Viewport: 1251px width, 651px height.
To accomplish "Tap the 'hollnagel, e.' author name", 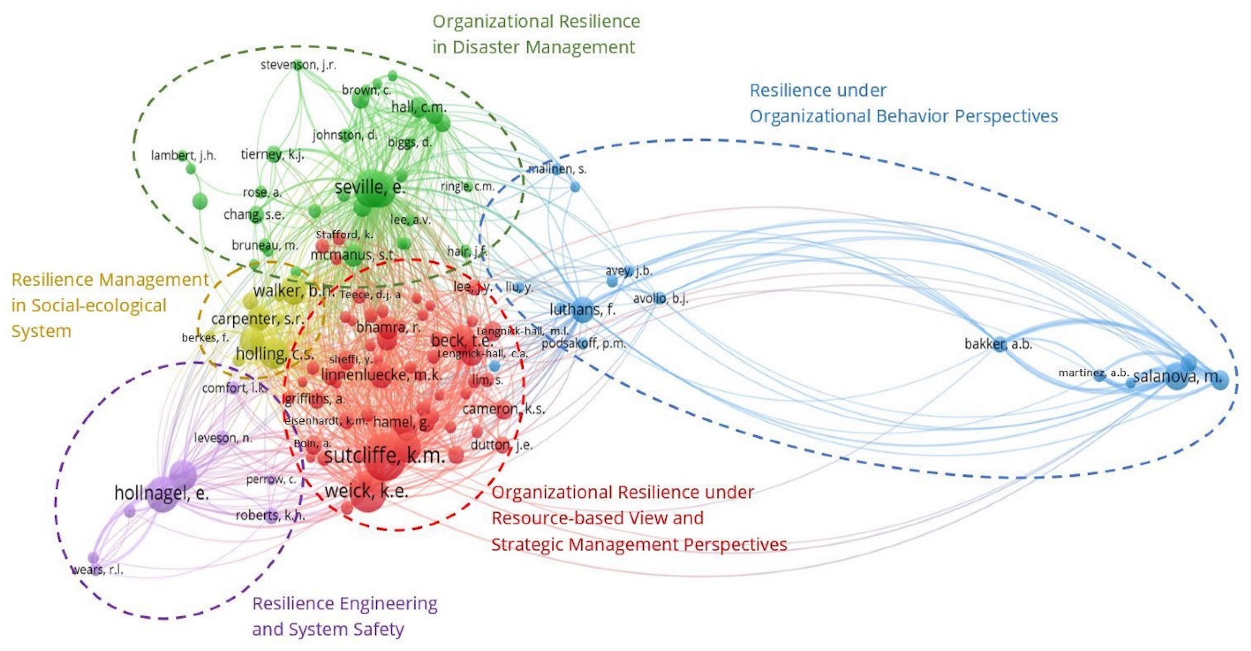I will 161,493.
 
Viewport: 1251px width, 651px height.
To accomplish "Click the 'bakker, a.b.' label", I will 998,344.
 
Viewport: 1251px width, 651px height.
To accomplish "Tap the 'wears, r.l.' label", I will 97,569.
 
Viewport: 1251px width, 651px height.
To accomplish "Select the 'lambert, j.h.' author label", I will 183,156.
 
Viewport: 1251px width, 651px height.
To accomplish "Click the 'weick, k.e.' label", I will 366,491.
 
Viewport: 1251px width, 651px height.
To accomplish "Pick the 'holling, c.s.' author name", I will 275,354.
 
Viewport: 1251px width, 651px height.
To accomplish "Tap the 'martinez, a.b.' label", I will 1093,373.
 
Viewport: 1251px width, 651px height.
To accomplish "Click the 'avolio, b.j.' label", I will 661,298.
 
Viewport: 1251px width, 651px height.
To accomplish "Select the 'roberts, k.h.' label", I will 270,515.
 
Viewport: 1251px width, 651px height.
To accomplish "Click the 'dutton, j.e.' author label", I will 501,445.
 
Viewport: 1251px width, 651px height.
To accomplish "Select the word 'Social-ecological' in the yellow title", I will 99,305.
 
